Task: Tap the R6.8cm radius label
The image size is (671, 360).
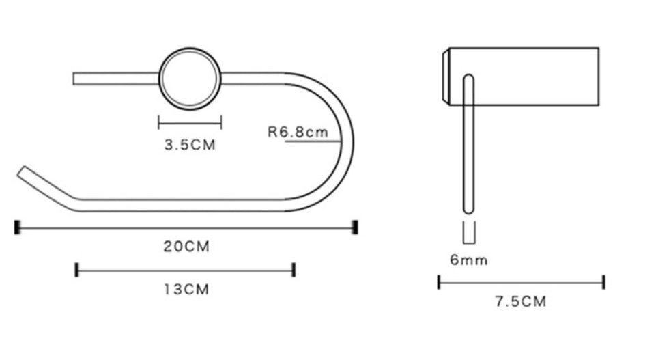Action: [x=298, y=132]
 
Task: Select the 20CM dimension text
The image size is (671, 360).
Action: [x=186, y=247]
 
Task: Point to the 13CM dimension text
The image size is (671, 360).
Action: [x=186, y=290]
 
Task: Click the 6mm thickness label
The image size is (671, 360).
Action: [x=468, y=260]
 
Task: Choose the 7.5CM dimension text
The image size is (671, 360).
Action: [x=521, y=302]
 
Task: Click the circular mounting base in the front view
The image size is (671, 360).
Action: [x=190, y=79]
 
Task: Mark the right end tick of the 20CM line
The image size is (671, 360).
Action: [x=355, y=227]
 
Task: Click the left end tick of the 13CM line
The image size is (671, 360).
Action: [x=77, y=270]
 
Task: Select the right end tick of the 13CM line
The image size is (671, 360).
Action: [x=294, y=270]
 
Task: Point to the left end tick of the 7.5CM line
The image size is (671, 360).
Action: [x=439, y=281]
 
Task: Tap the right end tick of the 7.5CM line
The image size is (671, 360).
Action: [x=603, y=281]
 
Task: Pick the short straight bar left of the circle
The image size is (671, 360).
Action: [x=115, y=79]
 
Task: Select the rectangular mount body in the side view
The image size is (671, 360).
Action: [x=532, y=76]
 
